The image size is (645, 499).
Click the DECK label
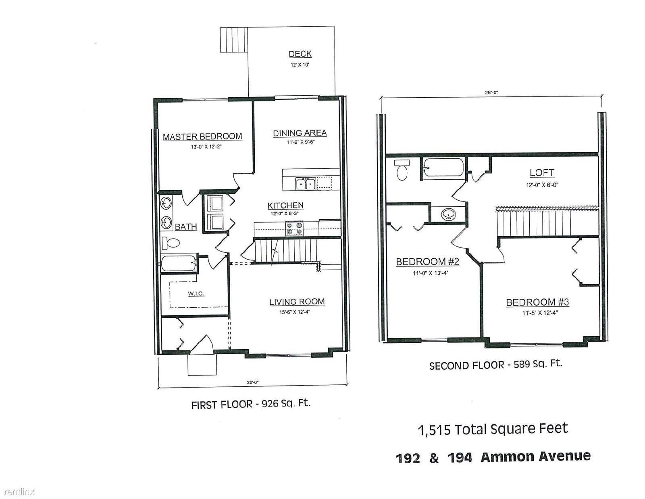pyautogui.click(x=300, y=54)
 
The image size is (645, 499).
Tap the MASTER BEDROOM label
pyautogui.click(x=202, y=137)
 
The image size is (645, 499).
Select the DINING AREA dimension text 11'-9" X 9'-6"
pyautogui.click(x=300, y=142)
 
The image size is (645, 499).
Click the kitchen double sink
pyautogui.click(x=306, y=184)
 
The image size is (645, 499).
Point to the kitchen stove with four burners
pyautogui.click(x=294, y=228)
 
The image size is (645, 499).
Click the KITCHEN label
pyautogui.click(x=285, y=205)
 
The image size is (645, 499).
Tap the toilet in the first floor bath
pyautogui.click(x=171, y=243)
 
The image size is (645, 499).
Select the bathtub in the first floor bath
pyautogui.click(x=179, y=263)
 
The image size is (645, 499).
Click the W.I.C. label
pyautogui.click(x=196, y=294)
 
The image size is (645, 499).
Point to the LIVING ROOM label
pyautogui.click(x=297, y=302)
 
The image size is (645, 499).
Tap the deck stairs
pyautogui.click(x=234, y=40)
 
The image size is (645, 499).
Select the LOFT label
pyautogui.click(x=542, y=173)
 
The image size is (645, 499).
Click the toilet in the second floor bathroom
pyautogui.click(x=402, y=170)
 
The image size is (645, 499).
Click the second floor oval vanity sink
pyautogui.click(x=448, y=214)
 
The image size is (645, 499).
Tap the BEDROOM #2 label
pyautogui.click(x=427, y=262)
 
